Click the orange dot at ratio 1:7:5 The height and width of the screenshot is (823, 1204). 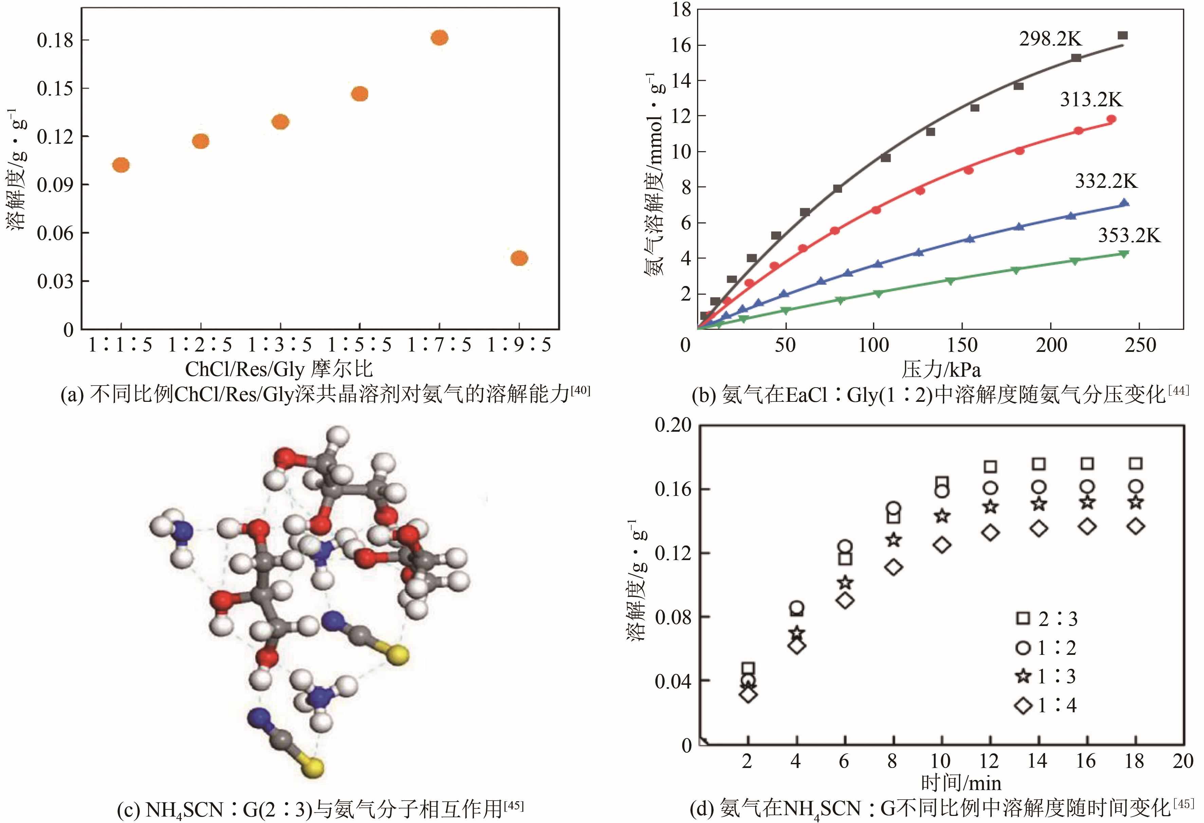point(439,38)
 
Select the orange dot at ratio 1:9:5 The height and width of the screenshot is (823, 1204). point(519,258)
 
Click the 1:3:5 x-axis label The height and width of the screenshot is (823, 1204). point(280,345)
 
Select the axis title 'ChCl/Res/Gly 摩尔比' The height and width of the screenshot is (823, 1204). point(279,369)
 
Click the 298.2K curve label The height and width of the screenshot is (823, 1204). point(1051,39)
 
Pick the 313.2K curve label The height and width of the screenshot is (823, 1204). point(1091,100)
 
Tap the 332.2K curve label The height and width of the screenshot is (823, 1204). point(1106,181)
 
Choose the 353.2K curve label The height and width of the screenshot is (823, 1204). point(1129,236)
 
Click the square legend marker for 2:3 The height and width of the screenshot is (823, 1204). point(1023,618)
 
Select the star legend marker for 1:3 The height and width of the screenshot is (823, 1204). point(1023,676)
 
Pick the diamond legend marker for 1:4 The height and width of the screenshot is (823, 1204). point(1023,705)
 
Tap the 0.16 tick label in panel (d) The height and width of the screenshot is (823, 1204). point(673,489)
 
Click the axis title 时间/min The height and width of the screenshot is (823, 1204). point(961,783)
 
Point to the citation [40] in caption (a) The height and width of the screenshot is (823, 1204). point(580,391)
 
